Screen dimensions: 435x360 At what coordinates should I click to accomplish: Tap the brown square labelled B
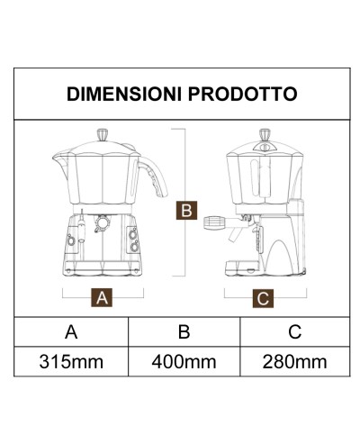[184, 210]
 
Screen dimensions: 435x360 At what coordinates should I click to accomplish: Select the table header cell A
[71, 331]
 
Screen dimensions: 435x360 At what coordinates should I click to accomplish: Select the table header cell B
[184, 331]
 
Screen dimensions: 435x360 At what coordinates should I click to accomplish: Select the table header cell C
[294, 331]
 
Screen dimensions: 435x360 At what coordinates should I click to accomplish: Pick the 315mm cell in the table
[71, 363]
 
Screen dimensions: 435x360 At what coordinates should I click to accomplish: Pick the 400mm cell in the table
[184, 363]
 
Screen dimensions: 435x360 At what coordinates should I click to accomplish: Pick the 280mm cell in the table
[294, 363]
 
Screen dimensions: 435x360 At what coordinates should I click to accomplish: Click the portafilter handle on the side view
[215, 221]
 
